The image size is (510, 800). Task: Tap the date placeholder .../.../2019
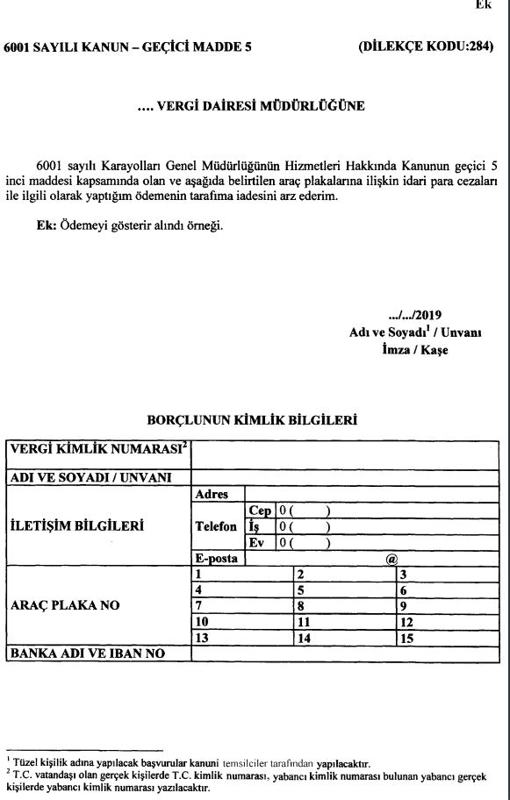(413, 315)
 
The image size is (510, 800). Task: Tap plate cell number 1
(242, 575)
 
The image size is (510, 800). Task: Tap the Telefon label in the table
(215, 526)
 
